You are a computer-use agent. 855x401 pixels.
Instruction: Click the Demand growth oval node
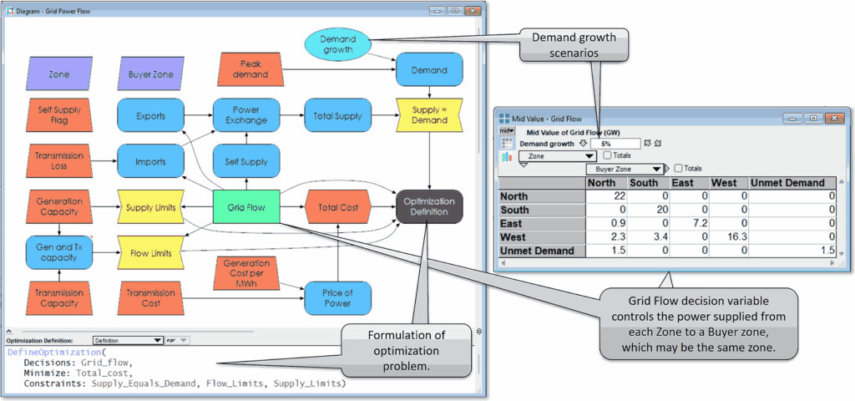tap(337, 44)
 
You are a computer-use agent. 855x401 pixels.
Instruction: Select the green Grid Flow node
tap(245, 207)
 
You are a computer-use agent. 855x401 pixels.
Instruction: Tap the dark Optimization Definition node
tap(429, 206)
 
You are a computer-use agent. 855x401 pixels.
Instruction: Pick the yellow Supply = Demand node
tap(429, 114)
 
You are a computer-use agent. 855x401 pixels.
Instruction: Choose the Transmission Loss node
tap(59, 160)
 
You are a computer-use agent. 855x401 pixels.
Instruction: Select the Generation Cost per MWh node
tap(245, 274)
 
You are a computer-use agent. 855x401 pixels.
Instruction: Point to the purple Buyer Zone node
tap(151, 74)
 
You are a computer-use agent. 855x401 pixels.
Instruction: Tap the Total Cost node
tap(337, 206)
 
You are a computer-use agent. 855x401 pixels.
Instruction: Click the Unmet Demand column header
tap(787, 182)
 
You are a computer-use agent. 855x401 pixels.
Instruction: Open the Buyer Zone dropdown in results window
tap(626, 168)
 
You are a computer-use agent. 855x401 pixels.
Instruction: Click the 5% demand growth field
tap(614, 144)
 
